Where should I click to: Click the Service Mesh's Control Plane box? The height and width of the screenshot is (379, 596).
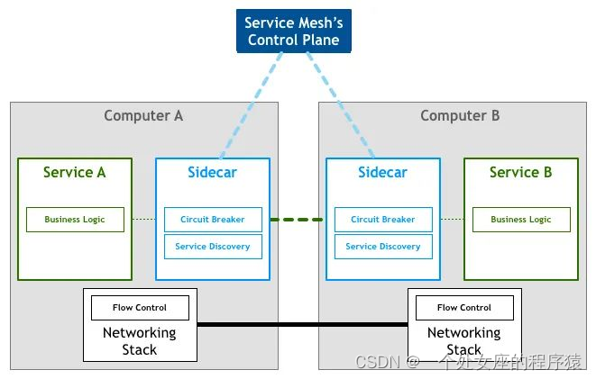click(x=293, y=31)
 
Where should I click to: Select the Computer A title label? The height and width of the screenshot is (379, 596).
click(x=143, y=115)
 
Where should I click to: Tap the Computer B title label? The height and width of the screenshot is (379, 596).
click(x=460, y=115)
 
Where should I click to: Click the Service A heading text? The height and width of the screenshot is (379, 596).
click(x=75, y=172)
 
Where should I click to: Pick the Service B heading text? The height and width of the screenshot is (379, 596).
click(x=520, y=172)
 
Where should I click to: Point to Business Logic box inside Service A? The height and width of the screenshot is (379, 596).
click(x=75, y=220)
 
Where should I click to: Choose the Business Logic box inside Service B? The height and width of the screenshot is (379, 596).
click(x=520, y=220)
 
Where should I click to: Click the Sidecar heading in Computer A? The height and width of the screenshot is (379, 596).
click(x=212, y=172)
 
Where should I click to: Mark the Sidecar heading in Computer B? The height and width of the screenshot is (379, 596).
click(x=382, y=172)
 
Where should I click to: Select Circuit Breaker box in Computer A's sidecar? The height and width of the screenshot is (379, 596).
click(x=212, y=220)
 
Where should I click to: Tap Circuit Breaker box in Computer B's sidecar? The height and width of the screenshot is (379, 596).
click(x=382, y=220)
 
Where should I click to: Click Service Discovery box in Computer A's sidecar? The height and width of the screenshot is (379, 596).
click(x=212, y=247)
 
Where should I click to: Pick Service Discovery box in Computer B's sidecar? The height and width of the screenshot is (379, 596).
click(x=382, y=247)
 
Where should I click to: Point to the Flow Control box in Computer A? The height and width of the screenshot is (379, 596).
click(x=140, y=308)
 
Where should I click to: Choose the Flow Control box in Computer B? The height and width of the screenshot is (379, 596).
click(x=464, y=308)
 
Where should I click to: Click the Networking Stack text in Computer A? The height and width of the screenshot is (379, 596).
click(x=140, y=341)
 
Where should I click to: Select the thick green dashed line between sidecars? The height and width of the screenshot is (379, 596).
click(x=297, y=220)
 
